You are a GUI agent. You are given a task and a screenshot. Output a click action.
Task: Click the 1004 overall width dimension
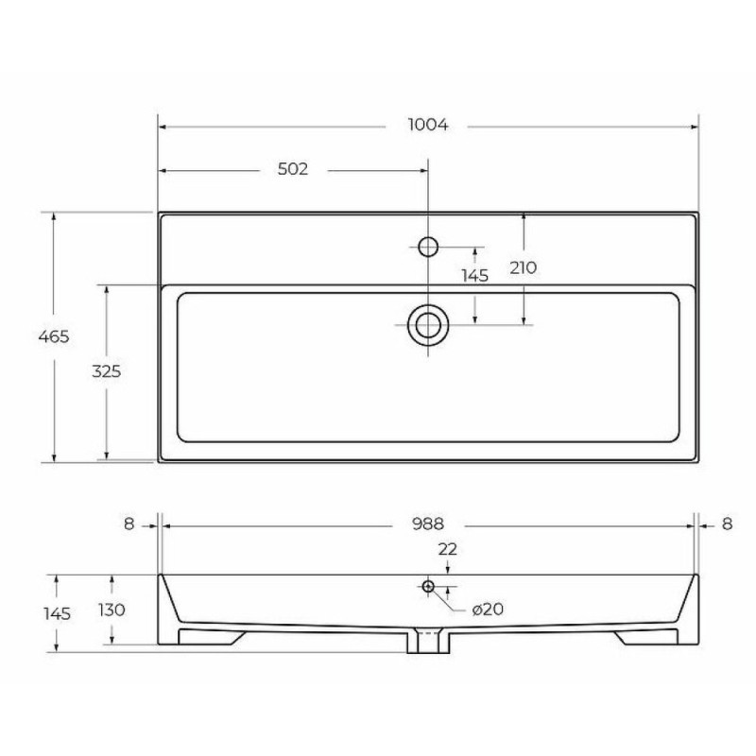click(x=428, y=125)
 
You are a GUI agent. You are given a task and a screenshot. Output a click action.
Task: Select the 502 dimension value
click(x=293, y=169)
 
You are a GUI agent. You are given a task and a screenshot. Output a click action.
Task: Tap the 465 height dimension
click(x=54, y=336)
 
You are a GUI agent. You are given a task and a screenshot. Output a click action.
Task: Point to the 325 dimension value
click(x=107, y=371)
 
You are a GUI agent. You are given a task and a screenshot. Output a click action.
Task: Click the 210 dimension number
click(x=524, y=267)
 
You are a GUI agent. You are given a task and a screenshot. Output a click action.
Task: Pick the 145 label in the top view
click(x=475, y=276)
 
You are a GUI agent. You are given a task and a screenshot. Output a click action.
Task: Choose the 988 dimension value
click(x=428, y=524)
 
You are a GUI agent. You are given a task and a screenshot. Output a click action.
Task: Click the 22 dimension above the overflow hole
click(x=447, y=549)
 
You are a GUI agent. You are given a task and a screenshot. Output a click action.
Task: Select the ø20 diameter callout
click(x=488, y=610)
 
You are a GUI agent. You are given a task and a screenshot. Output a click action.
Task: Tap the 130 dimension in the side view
click(x=112, y=610)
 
